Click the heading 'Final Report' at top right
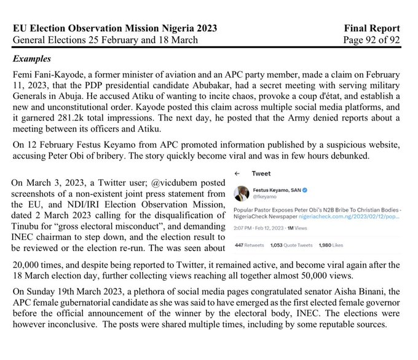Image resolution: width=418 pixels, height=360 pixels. click(373, 28)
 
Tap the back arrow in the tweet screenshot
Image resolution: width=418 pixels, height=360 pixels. click(237, 174)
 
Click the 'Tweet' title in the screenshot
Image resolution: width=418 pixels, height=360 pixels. click(261, 174)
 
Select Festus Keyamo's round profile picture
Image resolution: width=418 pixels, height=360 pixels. click(242, 193)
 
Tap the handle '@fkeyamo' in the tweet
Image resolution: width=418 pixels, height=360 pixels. click(265, 198)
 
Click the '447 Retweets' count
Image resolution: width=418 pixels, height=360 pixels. click(250, 246)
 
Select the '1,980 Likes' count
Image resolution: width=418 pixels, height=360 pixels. click(333, 246)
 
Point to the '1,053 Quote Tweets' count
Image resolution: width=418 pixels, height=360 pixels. click(291, 246)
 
